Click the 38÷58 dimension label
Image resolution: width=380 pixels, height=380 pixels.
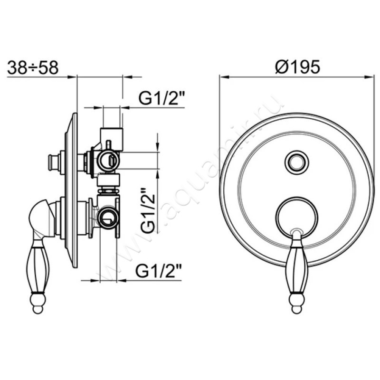coord(33,67)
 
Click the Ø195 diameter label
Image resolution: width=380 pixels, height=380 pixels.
coord(298,66)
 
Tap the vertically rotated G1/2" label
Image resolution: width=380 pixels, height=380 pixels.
coord(148,210)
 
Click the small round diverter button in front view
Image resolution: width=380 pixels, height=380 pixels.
coord(297,162)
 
